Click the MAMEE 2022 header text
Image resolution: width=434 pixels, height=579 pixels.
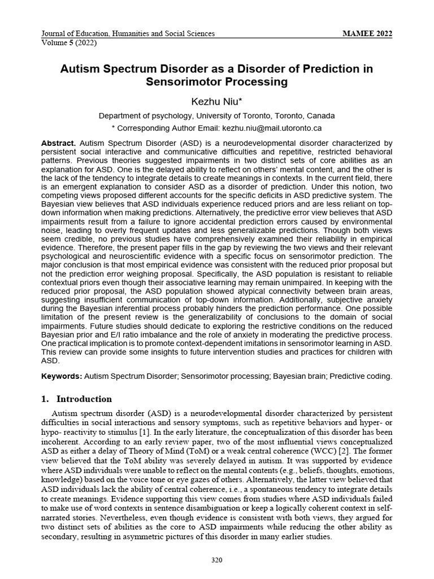pyautogui.click(x=367, y=33)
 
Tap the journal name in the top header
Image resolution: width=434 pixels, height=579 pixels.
pyautogui.click(x=128, y=33)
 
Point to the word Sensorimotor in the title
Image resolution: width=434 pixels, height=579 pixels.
pyautogui.click(x=183, y=83)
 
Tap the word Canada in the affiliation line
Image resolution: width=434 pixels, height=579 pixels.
pyautogui.click(x=321, y=115)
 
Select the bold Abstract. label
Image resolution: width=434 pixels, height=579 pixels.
pyautogui.click(x=59, y=144)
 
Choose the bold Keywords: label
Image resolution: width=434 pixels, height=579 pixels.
pyautogui.click(x=62, y=376)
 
